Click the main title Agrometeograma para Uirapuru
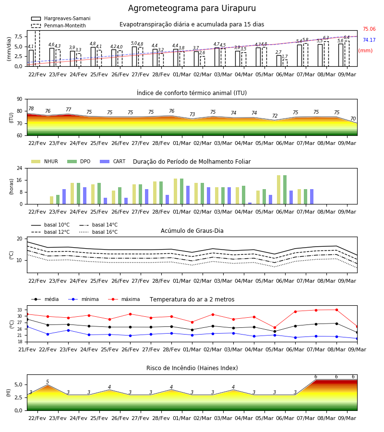coord(192,8)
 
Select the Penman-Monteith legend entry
coord(59,25)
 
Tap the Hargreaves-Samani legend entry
coord(60,18)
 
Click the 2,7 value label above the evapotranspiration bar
coord(278,52)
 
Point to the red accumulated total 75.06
coord(369,29)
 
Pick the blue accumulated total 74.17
coord(369,40)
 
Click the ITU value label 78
coord(31,108)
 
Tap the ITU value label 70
coord(353,119)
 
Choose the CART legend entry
coord(113,161)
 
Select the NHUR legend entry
coord(45,161)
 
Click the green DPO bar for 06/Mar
coord(285,190)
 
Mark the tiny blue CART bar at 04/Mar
coord(250,204)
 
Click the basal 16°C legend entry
coord(98,232)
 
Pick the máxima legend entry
coord(124,299)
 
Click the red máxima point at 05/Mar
coord(275,327)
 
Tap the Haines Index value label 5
coord(48,382)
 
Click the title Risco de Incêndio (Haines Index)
coord(192,368)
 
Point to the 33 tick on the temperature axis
coord(20,310)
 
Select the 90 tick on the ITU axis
coord(20,99)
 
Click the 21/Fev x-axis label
coord(27,349)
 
